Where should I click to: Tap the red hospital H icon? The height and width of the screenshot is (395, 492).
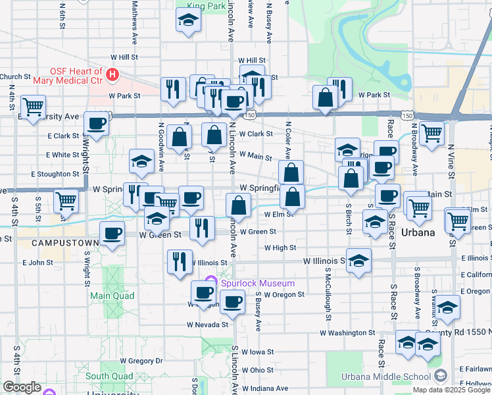click(112, 75)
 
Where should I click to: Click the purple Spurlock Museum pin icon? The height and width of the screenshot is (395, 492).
click(210, 283)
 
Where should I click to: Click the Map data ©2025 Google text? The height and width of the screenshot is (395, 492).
click(451, 390)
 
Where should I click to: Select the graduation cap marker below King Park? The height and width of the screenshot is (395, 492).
click(188, 20)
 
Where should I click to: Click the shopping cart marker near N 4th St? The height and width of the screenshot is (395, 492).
click(32, 105)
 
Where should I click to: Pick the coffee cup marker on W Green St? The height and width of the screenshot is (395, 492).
click(112, 234)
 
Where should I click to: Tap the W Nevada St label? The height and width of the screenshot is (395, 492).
click(207, 325)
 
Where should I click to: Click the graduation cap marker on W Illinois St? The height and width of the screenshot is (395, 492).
click(358, 261)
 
